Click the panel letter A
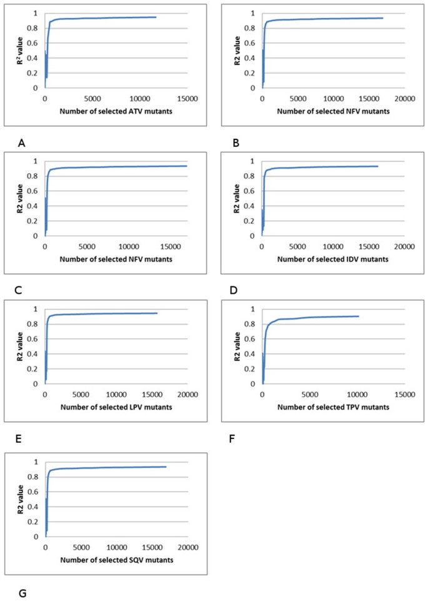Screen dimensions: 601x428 tap(22, 143)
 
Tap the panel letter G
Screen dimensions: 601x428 tap(22, 592)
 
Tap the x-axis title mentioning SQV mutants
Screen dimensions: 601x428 tap(117, 559)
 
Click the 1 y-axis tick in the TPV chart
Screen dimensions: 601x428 tap(254, 309)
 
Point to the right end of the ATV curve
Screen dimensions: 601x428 tap(156, 17)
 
